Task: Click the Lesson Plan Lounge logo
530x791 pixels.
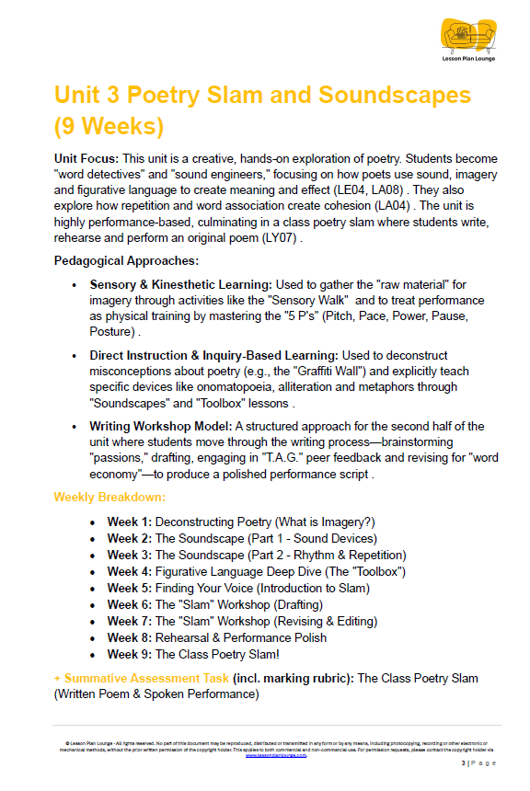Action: (x=468, y=41)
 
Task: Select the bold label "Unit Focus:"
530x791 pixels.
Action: (x=86, y=159)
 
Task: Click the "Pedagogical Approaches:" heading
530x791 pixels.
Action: (x=126, y=261)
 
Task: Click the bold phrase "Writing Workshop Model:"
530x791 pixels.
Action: (x=160, y=426)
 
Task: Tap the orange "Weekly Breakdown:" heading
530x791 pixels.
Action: (x=109, y=497)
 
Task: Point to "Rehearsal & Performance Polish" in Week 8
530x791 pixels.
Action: (x=241, y=637)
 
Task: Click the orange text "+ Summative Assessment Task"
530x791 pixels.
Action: (x=141, y=678)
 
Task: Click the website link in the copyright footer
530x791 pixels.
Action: (x=275, y=754)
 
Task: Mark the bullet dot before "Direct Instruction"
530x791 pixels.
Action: (x=75, y=355)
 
